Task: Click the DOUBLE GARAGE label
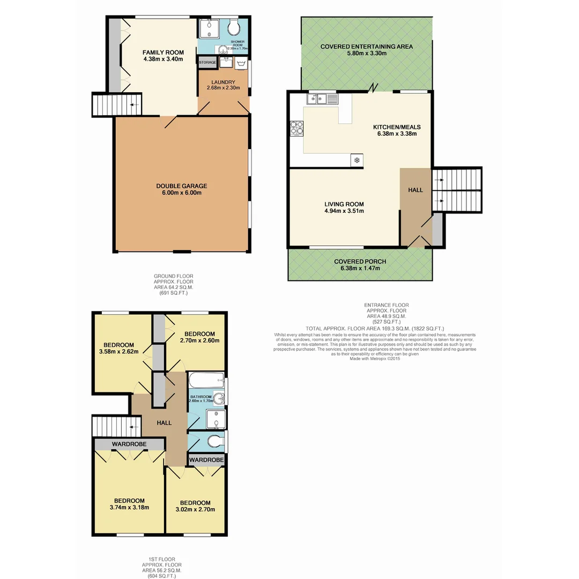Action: click(x=181, y=186)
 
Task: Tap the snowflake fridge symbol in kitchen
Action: click(x=357, y=160)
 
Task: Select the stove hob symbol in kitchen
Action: click(x=296, y=129)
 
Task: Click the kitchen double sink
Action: click(x=322, y=99)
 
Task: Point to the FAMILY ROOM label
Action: click(x=163, y=53)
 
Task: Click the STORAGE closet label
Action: click(x=207, y=63)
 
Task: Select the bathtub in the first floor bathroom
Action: click(x=206, y=381)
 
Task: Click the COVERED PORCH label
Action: click(x=360, y=262)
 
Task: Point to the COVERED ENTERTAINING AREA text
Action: click(x=366, y=47)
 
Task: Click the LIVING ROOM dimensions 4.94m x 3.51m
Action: click(x=344, y=211)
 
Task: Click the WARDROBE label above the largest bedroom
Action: click(x=129, y=444)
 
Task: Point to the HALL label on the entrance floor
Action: click(x=415, y=190)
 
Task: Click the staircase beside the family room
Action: click(x=116, y=104)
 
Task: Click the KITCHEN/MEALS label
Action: click(x=397, y=127)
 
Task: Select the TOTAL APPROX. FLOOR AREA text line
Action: click(x=374, y=328)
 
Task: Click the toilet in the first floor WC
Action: click(x=215, y=441)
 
